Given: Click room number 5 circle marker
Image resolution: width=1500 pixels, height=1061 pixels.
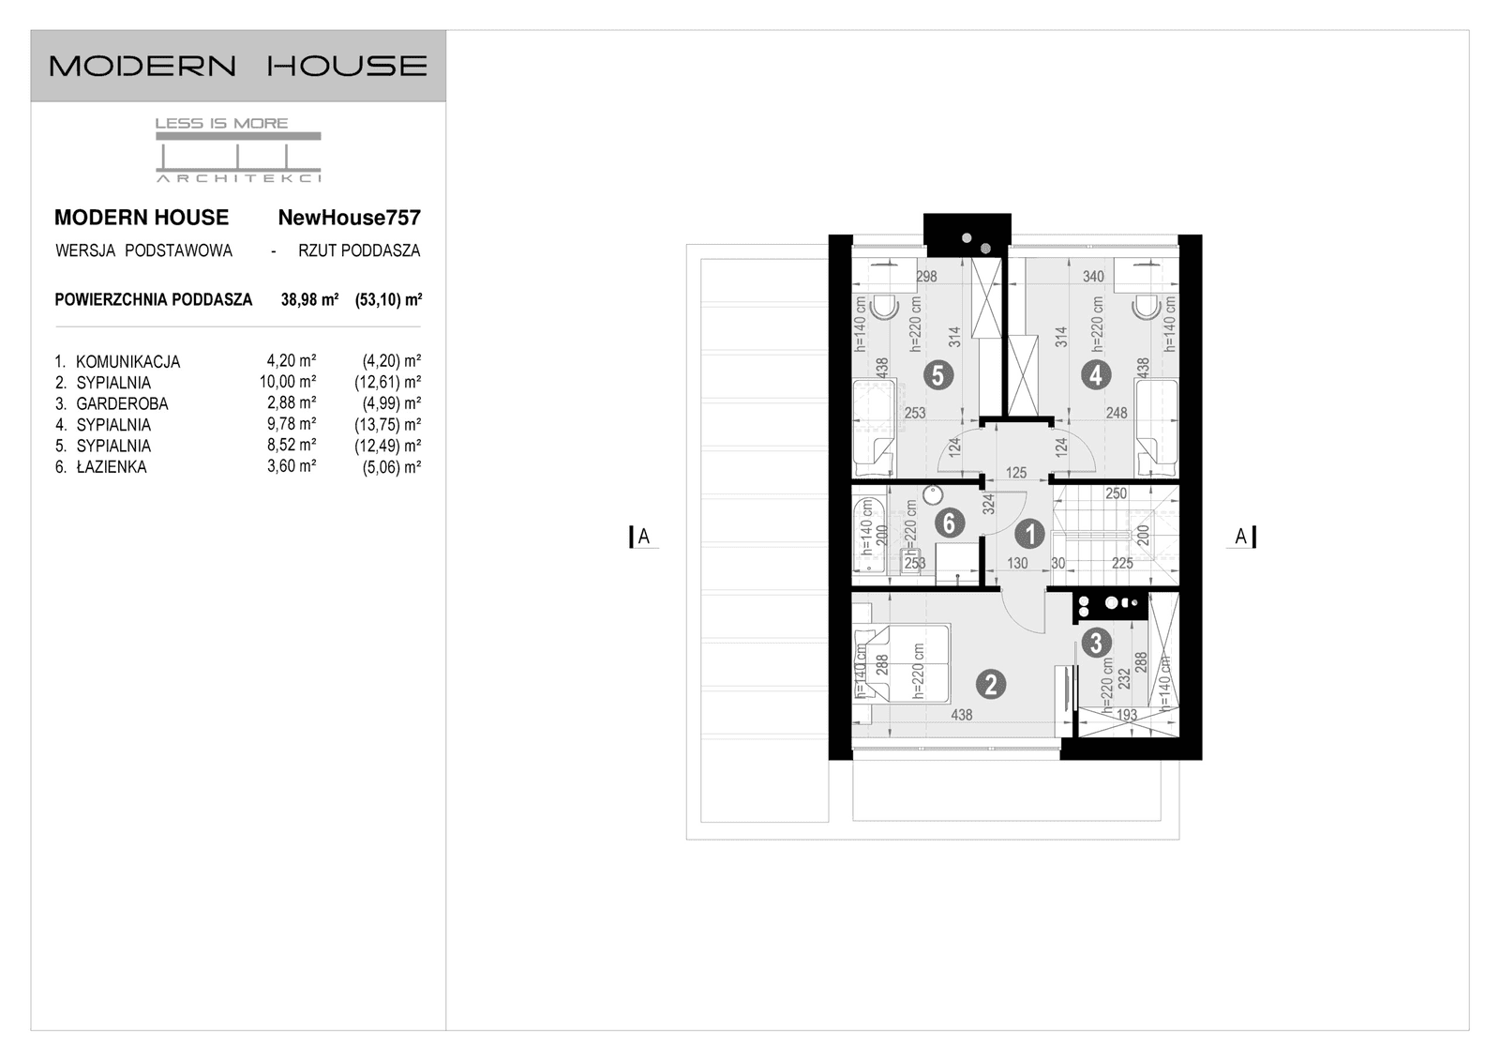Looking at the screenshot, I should (x=937, y=375).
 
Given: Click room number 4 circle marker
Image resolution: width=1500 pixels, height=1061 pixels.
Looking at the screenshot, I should (x=1095, y=375).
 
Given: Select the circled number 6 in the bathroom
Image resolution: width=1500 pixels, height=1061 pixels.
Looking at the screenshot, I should (x=949, y=523).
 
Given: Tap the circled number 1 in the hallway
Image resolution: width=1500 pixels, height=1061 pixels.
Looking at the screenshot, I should (x=1029, y=535).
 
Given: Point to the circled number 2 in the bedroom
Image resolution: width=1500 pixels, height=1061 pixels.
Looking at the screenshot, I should (x=990, y=685).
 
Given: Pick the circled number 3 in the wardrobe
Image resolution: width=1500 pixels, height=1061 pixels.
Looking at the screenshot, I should (x=1095, y=643).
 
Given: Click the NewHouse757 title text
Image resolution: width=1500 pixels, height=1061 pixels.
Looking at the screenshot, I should (x=349, y=218).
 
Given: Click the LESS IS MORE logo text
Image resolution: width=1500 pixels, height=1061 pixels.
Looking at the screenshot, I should (x=221, y=123).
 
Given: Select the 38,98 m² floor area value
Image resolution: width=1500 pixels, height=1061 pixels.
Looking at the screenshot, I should (x=309, y=300).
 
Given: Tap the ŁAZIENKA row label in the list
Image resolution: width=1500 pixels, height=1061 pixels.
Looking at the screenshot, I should (x=111, y=467).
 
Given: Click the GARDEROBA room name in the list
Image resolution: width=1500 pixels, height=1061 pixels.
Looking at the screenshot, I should (x=122, y=404).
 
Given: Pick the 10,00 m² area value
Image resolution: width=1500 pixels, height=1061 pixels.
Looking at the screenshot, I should (x=288, y=382).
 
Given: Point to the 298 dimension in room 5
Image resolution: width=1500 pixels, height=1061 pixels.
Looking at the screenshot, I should (x=926, y=277).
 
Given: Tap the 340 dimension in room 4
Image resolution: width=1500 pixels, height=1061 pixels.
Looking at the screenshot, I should (x=1093, y=277).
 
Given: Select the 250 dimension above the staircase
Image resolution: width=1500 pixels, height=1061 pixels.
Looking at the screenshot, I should (x=1116, y=493).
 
